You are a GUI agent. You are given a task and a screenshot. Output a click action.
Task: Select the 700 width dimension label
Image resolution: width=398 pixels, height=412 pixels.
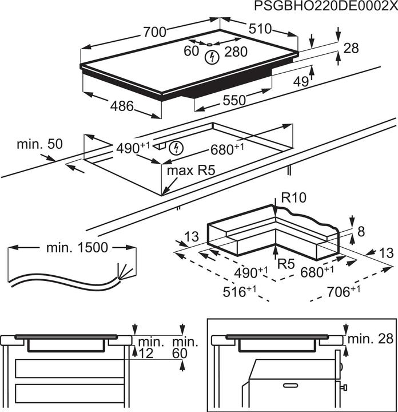pyautogui.click(x=153, y=32)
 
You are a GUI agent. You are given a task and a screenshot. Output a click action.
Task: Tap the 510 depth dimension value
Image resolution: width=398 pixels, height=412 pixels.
pyautogui.click(x=261, y=29)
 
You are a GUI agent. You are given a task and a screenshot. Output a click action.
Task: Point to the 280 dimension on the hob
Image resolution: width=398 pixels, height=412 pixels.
pyautogui.click(x=236, y=52)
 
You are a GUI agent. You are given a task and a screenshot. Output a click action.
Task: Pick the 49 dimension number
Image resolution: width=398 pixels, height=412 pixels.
pyautogui.click(x=301, y=82)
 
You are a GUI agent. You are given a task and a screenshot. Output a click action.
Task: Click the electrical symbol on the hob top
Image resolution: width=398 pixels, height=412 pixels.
pyautogui.click(x=212, y=57)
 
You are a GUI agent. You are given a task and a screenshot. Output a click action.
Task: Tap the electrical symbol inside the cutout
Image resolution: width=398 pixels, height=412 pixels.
pyautogui.click(x=178, y=148)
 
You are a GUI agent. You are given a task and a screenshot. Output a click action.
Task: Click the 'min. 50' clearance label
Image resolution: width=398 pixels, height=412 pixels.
pyautogui.click(x=39, y=144)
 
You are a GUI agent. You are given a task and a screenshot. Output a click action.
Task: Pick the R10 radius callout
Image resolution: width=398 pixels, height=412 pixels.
pyautogui.click(x=294, y=198)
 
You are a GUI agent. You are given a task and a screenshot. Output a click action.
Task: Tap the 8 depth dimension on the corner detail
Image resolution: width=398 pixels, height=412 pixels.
pyautogui.click(x=361, y=231)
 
